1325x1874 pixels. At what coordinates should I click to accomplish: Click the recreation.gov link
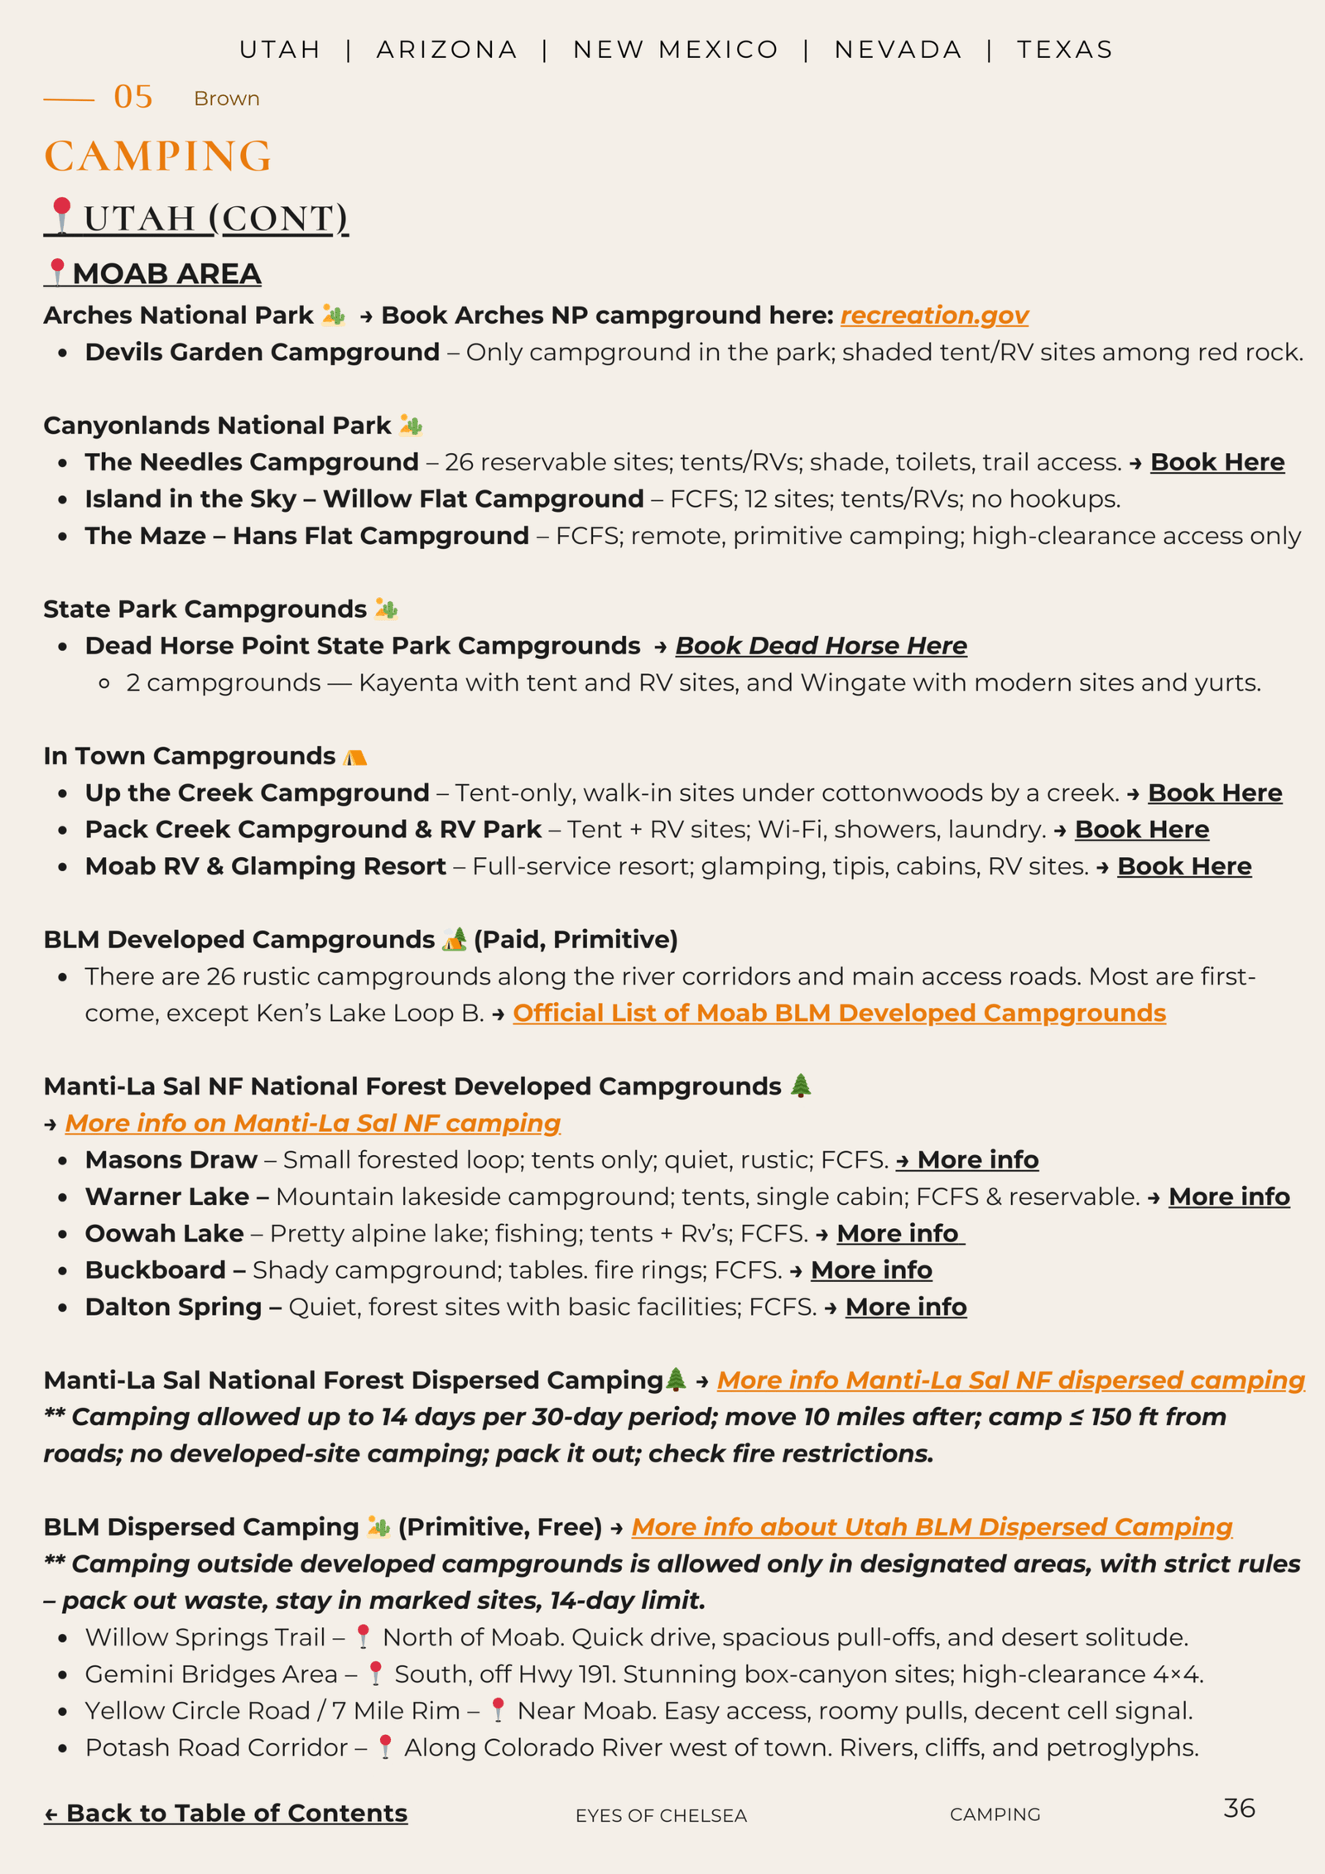(934, 316)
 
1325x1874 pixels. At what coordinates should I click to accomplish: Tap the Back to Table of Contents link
(225, 1813)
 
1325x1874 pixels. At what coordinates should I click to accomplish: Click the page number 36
(1239, 1809)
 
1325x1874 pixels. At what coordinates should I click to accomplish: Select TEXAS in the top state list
(1065, 50)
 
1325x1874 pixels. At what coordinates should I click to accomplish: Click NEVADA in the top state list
(898, 50)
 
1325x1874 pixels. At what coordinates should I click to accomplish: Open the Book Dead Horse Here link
(821, 646)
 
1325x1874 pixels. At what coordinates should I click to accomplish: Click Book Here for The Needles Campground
(1217, 462)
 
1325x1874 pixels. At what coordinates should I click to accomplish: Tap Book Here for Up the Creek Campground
(1215, 793)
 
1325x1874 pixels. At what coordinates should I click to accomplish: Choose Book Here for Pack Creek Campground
(1142, 830)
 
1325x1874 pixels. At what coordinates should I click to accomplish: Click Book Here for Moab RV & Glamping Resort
(1184, 866)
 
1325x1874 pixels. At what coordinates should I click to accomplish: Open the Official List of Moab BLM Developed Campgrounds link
(839, 1014)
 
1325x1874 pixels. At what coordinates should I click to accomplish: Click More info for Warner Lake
(1229, 1197)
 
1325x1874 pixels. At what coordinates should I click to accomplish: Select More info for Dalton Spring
(906, 1307)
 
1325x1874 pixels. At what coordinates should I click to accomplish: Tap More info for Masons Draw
(977, 1160)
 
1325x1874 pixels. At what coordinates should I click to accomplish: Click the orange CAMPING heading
(158, 156)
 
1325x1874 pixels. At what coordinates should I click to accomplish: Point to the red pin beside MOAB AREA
(56, 272)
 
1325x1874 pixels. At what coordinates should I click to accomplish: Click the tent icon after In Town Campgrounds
(355, 757)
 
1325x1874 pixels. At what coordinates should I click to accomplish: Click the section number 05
(133, 97)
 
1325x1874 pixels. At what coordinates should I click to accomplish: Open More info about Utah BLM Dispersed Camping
(932, 1527)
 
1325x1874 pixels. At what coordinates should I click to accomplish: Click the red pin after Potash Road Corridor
(385, 1746)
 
